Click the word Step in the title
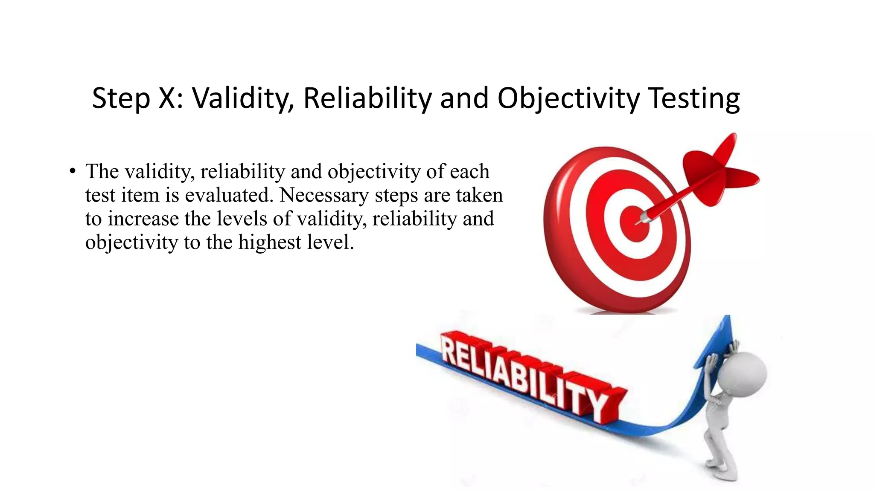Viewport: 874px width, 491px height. coord(121,99)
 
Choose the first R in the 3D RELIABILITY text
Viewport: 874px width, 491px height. coord(452,349)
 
